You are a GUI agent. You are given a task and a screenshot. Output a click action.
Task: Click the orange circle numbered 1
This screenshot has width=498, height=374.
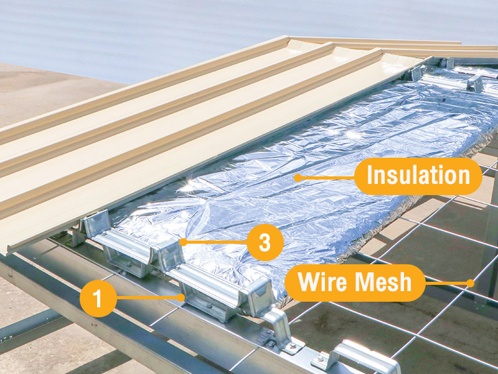(98, 299)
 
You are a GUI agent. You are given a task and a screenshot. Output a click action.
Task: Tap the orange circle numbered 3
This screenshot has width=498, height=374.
(265, 242)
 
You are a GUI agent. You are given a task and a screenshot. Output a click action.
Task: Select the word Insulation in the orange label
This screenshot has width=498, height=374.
(418, 175)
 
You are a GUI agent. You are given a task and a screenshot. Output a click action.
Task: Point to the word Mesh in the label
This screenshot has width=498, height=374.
(383, 282)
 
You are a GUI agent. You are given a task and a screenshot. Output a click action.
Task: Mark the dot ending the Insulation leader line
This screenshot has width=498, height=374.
(298, 178)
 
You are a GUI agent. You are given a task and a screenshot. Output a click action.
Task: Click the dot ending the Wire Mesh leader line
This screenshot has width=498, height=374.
(471, 283)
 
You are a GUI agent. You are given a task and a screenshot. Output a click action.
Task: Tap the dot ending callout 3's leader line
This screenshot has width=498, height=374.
(183, 242)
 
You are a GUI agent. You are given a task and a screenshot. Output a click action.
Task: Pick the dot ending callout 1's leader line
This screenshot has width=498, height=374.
(181, 298)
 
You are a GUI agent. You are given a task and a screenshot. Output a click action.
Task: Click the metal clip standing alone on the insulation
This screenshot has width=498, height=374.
(475, 84)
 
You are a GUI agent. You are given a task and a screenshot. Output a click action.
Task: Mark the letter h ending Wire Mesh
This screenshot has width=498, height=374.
(405, 282)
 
